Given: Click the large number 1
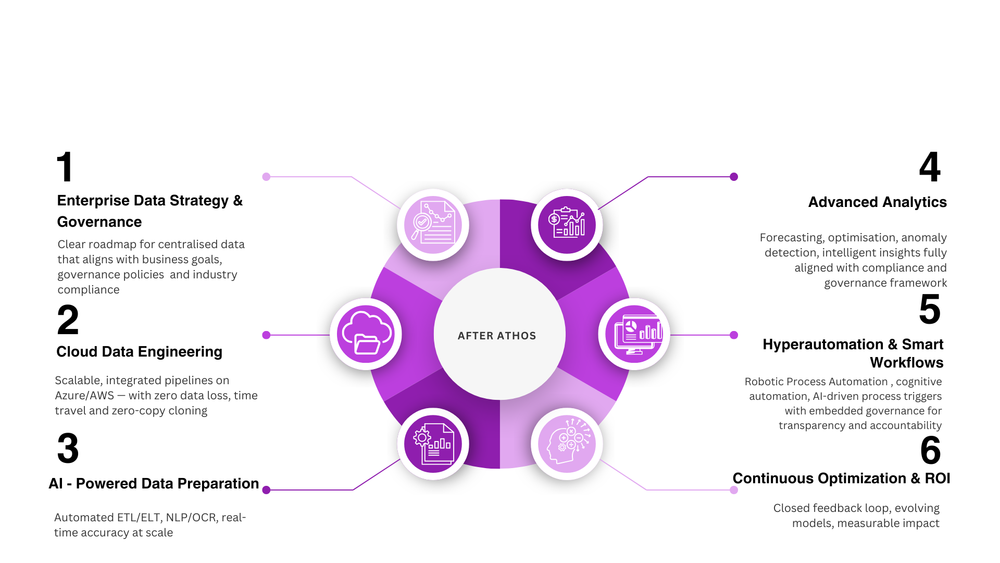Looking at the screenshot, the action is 65,167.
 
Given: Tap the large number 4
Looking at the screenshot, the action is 930,167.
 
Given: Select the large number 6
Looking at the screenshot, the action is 930,450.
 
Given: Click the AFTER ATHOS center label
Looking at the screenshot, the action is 497,336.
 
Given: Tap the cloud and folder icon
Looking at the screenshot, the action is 366,334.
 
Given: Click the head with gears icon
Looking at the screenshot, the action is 567,444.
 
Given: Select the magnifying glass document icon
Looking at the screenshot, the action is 433,225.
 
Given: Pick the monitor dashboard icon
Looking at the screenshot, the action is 634,334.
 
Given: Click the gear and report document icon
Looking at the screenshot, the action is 433,444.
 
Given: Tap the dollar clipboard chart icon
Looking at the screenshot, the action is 567,225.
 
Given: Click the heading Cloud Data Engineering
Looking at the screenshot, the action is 139,352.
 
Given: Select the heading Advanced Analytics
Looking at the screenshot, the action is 877,202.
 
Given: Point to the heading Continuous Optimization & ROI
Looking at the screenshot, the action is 841,479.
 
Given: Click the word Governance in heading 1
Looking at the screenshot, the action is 99,222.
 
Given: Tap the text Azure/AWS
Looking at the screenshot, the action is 84,396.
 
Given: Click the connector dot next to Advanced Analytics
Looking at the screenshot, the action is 734,177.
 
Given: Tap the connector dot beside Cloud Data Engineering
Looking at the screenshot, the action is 266,335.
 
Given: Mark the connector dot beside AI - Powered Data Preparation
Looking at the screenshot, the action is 266,490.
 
